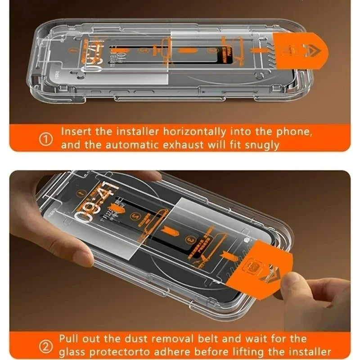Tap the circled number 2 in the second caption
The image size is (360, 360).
tap(45, 346)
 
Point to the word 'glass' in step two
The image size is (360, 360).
tap(72, 352)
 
